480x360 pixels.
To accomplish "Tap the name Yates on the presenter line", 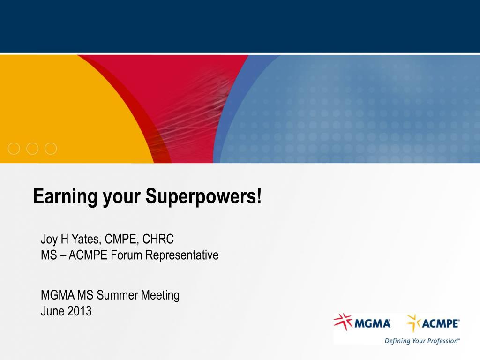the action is tap(86, 240).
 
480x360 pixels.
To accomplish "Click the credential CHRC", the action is tap(158, 240).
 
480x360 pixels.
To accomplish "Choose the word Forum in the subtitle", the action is tap(127, 255).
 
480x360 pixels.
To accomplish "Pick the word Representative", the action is tap(182, 255).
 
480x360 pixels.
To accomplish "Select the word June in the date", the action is tap(52, 311).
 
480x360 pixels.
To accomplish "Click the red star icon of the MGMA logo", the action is tap(343, 322).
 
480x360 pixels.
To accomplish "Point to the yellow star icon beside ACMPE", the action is tap(413, 323).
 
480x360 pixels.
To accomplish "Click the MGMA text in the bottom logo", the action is tap(372, 323).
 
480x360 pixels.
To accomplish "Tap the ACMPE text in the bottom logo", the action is tap(441, 323).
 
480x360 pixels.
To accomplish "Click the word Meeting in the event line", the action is tap(160, 296).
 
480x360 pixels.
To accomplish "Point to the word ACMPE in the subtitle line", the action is tap(88, 255).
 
